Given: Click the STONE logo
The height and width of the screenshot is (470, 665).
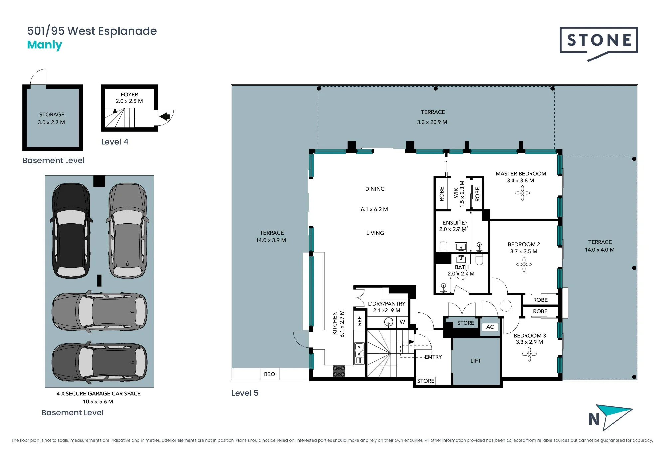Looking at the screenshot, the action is click(x=598, y=43).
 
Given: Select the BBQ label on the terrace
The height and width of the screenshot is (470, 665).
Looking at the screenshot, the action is click(x=270, y=374).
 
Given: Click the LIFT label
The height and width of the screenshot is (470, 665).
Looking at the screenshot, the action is click(x=476, y=361).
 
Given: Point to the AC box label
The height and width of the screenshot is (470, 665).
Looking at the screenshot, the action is click(x=490, y=327).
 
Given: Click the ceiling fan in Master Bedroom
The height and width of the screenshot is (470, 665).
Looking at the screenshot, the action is click(x=522, y=193).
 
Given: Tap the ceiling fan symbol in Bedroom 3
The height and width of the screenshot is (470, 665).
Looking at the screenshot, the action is click(x=529, y=354).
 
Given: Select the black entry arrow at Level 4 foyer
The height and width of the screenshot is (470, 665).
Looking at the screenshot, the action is click(x=165, y=116).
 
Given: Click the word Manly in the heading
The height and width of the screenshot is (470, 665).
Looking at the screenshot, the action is click(x=45, y=45).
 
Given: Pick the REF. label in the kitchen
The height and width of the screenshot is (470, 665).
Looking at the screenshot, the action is click(x=360, y=320).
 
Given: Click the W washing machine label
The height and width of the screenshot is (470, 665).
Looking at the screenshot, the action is click(x=402, y=322).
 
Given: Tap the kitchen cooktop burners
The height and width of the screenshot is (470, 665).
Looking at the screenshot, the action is click(x=339, y=371).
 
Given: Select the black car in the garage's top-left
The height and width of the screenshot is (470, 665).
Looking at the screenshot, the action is click(x=71, y=230).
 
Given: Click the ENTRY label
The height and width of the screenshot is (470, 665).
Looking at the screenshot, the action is click(x=433, y=357).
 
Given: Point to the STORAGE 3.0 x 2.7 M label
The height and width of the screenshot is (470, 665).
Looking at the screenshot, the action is click(x=51, y=118).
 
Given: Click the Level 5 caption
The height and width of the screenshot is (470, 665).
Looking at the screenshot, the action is click(x=245, y=393).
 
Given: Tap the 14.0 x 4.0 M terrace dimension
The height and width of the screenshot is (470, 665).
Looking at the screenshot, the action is click(x=600, y=250).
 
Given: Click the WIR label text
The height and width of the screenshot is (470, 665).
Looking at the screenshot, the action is click(x=456, y=193).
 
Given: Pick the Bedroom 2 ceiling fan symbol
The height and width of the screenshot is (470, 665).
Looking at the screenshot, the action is click(x=524, y=265).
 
